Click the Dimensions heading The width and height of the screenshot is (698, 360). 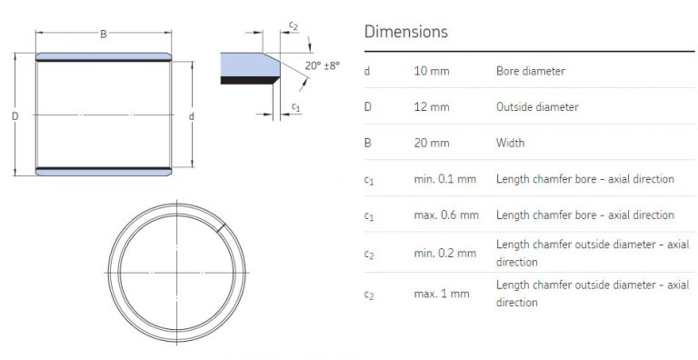405,32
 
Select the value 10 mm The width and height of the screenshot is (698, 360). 431,71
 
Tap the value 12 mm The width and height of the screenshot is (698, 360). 431,107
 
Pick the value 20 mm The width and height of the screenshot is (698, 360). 431,144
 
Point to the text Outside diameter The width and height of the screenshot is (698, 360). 536,107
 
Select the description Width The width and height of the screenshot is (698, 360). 510,144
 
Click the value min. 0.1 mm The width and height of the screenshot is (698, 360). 444,180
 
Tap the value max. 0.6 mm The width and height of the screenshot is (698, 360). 445,215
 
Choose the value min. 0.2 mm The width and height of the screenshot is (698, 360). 444,253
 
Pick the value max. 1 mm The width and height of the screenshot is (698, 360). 442,294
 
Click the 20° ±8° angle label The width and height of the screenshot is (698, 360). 322,65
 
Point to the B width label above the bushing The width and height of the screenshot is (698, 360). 104,35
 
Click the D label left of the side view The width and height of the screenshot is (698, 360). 14,115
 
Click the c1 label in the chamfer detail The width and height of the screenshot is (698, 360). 295,108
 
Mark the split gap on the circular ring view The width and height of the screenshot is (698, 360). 222,225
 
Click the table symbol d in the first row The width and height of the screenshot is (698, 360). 367,71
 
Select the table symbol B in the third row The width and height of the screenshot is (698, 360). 367,144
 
